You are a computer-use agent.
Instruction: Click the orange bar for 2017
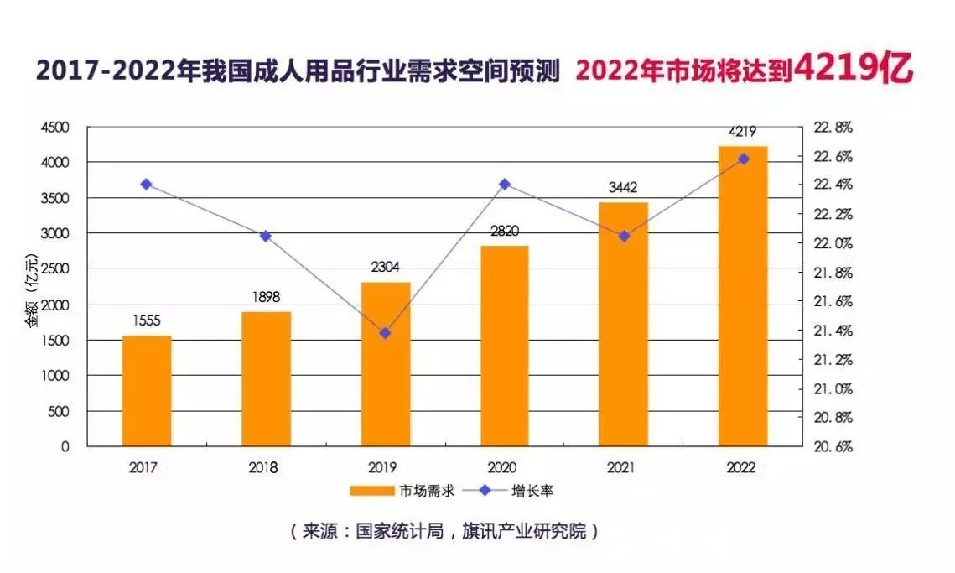(x=147, y=391)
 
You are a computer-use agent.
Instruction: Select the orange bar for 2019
(x=386, y=364)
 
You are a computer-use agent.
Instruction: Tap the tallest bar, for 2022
(x=743, y=296)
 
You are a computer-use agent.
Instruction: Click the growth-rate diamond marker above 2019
(x=386, y=333)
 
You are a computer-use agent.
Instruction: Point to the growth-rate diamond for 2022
(x=743, y=159)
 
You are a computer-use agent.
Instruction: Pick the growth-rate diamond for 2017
(x=147, y=184)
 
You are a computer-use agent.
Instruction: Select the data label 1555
(x=147, y=320)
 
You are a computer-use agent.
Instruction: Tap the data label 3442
(x=624, y=189)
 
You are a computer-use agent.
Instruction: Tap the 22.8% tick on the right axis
(x=833, y=128)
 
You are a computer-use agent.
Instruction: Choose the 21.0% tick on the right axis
(x=833, y=389)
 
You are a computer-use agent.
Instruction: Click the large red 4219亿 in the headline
(x=853, y=68)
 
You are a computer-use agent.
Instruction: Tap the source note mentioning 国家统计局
(x=444, y=532)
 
